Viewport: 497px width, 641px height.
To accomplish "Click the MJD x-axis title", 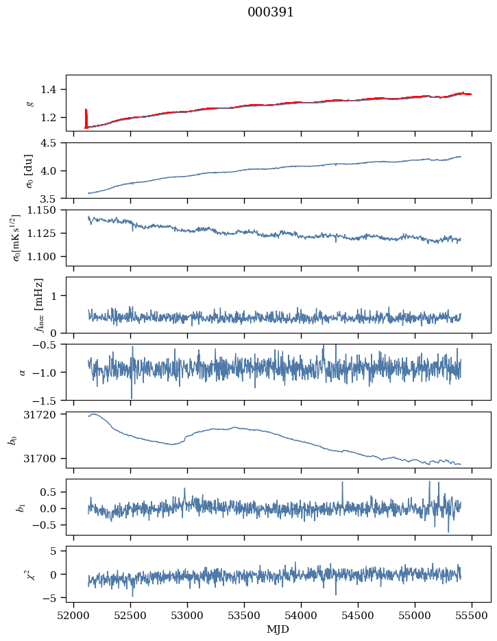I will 278,629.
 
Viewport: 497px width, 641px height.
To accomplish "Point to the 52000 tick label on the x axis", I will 74,615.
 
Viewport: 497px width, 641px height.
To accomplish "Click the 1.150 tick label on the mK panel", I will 48,210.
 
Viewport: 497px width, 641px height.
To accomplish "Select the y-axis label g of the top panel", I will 29,103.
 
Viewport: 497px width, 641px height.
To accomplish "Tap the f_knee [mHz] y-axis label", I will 38,305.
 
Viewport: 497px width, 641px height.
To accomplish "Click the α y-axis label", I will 23,372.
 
